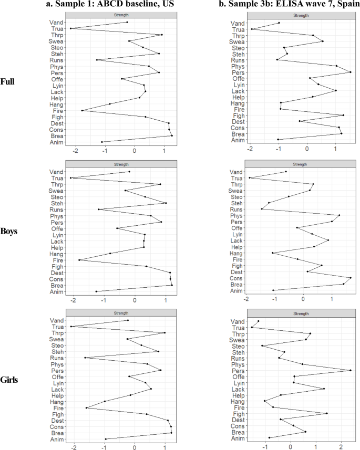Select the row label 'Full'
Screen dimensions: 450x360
click(8, 82)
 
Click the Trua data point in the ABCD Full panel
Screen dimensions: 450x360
click(70, 28)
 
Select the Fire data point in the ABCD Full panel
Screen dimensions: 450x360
click(82, 110)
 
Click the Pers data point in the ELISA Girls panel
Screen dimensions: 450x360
click(351, 371)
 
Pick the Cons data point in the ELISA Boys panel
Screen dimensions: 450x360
click(351, 278)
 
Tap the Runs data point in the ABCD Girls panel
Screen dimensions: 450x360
click(85, 358)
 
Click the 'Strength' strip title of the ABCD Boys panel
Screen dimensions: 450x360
click(121, 164)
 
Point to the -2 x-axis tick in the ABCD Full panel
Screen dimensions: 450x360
click(77, 151)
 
